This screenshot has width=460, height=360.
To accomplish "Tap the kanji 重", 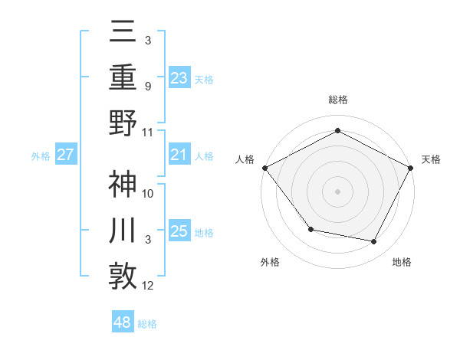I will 123,77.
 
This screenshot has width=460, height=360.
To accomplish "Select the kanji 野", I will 123,123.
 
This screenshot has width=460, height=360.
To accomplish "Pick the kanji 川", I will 123,231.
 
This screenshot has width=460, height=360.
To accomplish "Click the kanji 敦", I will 123,277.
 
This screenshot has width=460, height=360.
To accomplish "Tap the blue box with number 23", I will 179,77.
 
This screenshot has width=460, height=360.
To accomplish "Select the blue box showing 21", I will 179,155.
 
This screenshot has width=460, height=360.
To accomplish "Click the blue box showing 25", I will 179,231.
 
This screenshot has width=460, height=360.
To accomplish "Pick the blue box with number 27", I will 66,155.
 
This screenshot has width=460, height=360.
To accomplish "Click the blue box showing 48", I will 122,322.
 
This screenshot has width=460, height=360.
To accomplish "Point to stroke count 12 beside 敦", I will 148,286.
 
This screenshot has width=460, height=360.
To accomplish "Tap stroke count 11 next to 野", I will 148,132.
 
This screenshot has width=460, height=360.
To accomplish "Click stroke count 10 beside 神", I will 148,193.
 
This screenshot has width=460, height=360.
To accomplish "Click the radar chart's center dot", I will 337,190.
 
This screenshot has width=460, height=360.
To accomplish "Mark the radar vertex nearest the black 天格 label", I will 411,167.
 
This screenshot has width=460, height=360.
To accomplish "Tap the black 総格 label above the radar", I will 337,100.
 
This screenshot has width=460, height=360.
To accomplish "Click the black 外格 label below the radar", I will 270,262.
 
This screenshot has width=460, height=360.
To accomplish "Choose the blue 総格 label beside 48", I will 147,324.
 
